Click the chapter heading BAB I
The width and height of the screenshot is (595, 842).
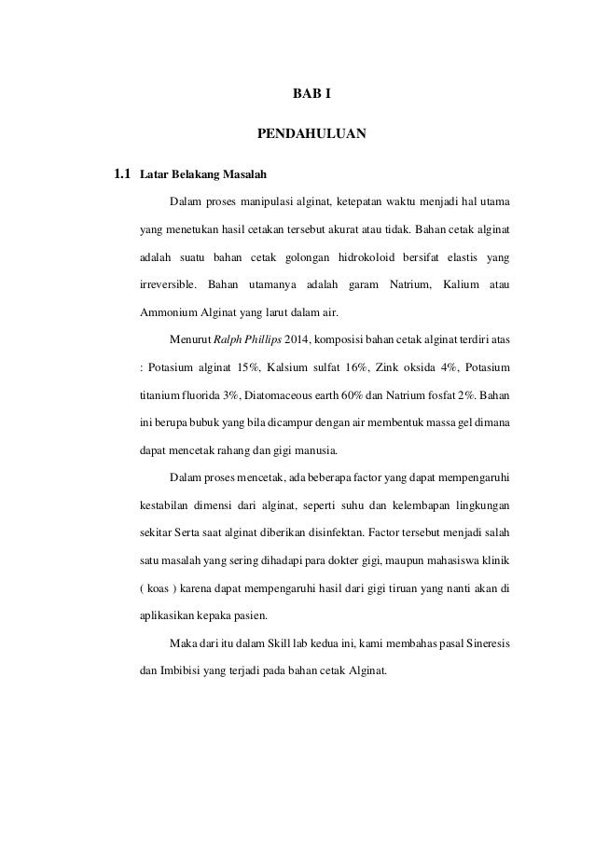coord(312,95)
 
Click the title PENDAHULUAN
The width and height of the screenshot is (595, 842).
coord(311,135)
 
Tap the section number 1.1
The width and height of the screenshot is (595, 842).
coord(121,174)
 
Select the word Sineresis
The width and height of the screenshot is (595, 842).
coord(481,643)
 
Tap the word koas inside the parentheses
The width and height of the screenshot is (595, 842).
coord(161,589)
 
